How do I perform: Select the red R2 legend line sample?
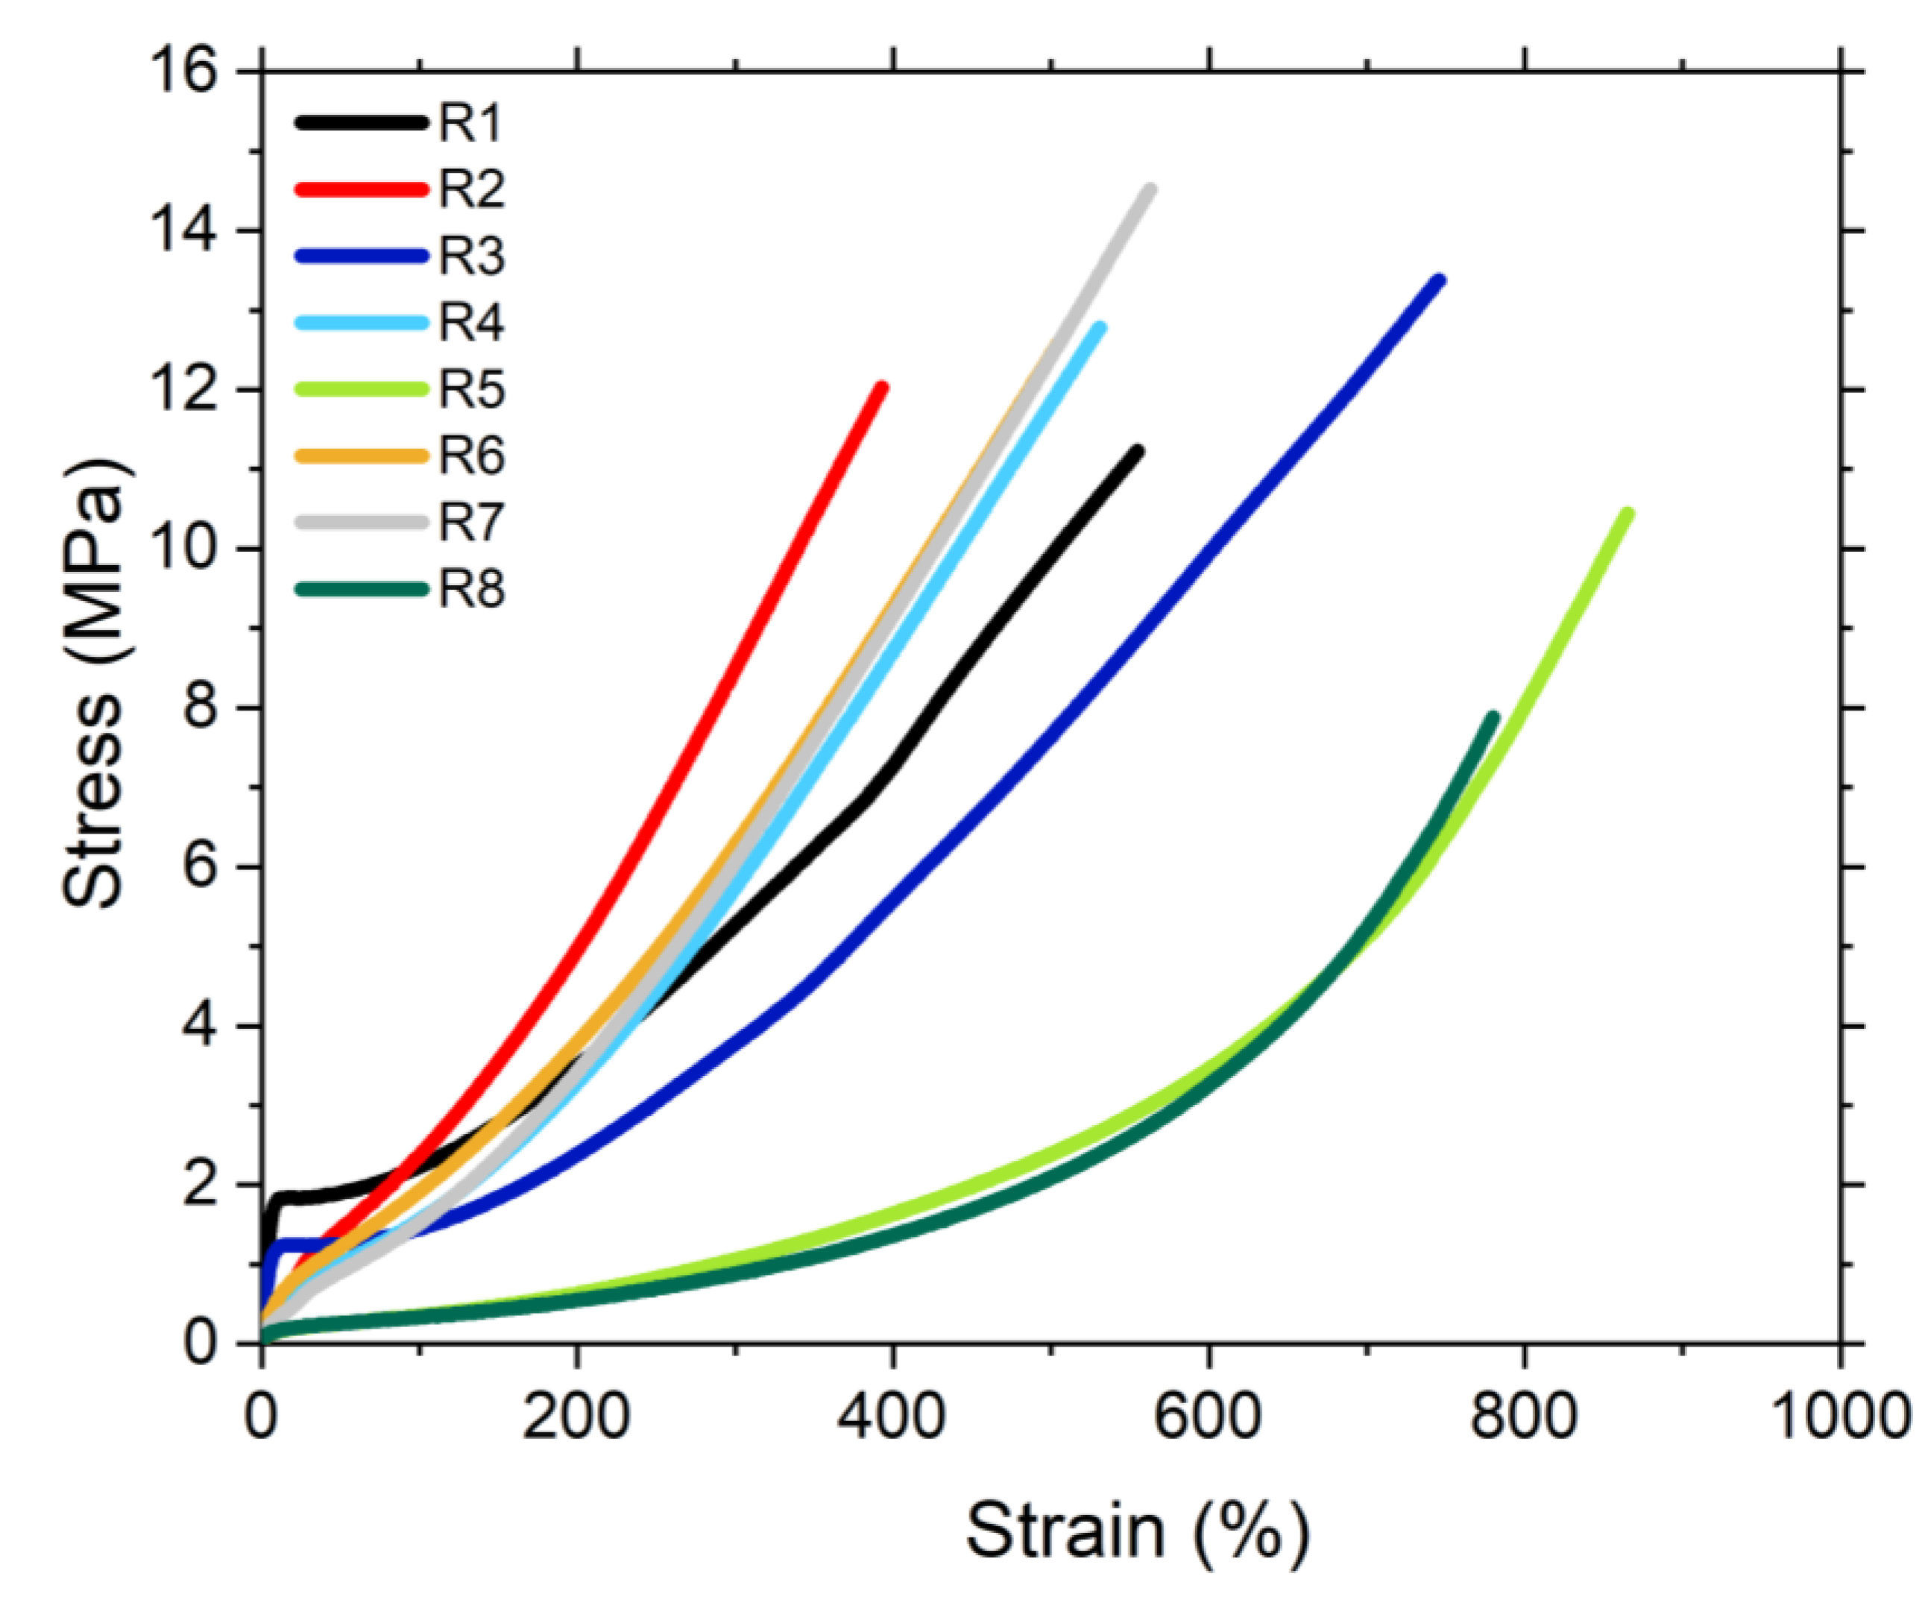pyautogui.click(x=362, y=189)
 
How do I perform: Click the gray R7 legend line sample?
pyautogui.click(x=362, y=523)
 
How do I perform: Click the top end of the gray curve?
pyautogui.click(x=1150, y=189)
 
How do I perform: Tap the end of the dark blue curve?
pyautogui.click(x=1440, y=280)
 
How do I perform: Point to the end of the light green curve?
pyautogui.click(x=1628, y=514)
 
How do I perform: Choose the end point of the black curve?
pyautogui.click(x=1138, y=451)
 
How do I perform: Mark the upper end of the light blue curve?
pyautogui.click(x=1100, y=327)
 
